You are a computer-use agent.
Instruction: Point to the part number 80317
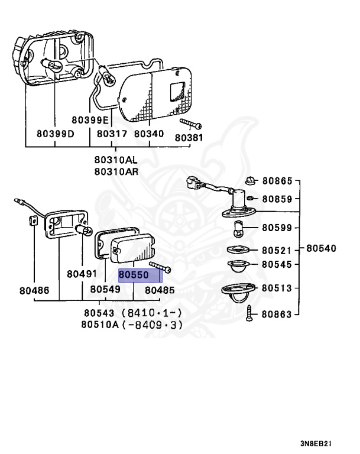(112, 134)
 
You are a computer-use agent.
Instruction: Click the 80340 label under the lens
(148, 134)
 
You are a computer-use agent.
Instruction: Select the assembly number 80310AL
(115, 160)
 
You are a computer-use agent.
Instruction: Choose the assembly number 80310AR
(115, 171)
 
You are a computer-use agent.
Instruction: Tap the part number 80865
(277, 181)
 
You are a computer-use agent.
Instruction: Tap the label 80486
(34, 291)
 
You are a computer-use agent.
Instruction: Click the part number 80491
(82, 274)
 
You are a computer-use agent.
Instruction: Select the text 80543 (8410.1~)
(132, 313)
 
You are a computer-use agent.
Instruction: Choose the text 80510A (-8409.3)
(132, 325)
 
